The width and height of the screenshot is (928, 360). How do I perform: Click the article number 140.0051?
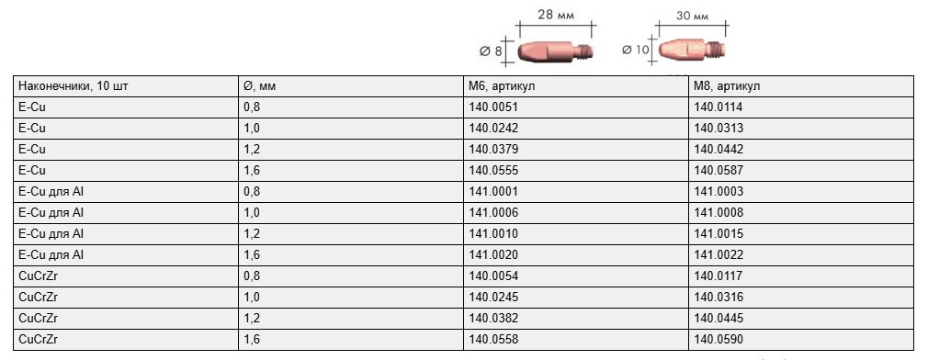(492, 107)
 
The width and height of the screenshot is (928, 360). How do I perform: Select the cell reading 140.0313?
(719, 129)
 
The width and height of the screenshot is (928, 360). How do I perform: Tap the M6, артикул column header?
(502, 86)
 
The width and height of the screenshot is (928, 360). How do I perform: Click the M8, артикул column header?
(727, 86)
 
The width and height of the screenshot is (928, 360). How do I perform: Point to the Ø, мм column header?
(260, 86)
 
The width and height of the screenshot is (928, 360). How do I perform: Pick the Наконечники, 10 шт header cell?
(74, 86)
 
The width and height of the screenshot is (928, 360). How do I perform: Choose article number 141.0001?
(492, 192)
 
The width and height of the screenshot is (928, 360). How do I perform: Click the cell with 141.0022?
(719, 254)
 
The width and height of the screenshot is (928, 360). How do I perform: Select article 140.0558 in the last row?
(492, 339)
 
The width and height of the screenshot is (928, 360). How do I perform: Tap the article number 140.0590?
(719, 339)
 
